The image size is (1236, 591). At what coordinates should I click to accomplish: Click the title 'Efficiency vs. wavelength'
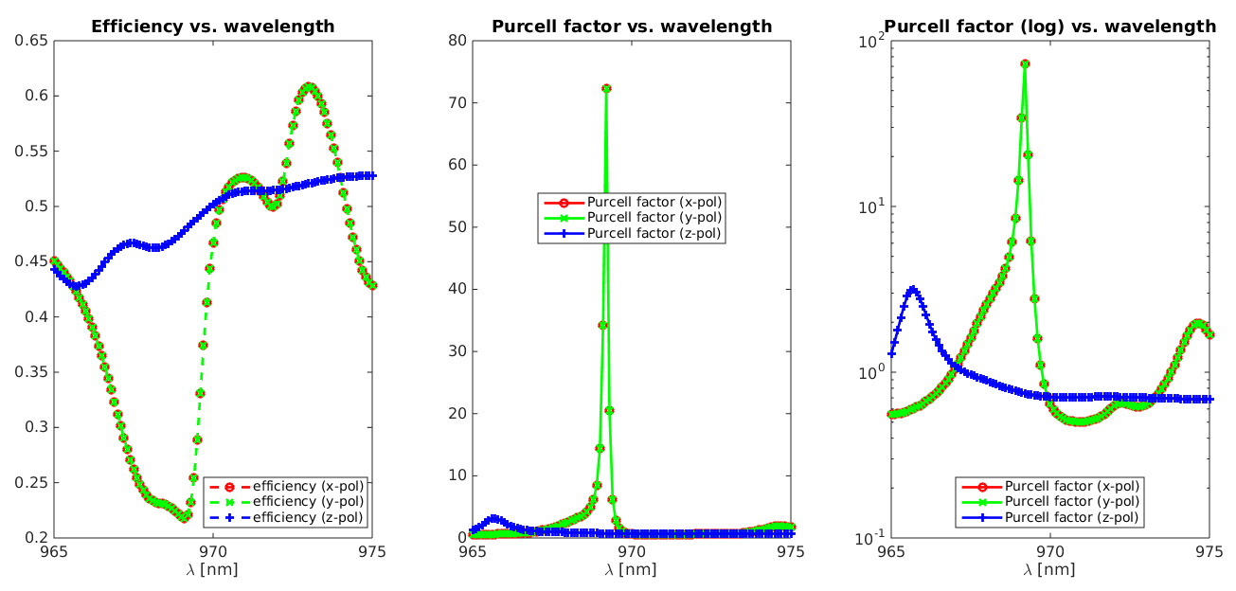tap(212, 27)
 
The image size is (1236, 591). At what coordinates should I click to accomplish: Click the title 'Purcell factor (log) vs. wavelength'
tap(1049, 27)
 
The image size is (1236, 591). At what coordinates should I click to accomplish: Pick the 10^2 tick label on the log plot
tap(870, 40)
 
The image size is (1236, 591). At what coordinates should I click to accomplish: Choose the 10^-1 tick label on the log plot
tap(869, 538)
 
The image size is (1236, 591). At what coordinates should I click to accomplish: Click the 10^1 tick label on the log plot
tap(870, 206)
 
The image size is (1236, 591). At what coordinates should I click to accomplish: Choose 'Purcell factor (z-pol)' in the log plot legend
tap(1071, 517)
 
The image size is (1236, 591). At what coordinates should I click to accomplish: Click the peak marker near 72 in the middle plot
tap(606, 88)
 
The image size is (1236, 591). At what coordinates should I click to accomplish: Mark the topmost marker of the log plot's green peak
tap(1025, 63)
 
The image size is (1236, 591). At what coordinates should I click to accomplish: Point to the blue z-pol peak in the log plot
tap(912, 290)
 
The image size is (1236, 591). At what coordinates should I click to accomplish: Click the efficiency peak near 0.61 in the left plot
tap(309, 86)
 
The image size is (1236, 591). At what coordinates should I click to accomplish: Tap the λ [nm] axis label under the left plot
tap(212, 569)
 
